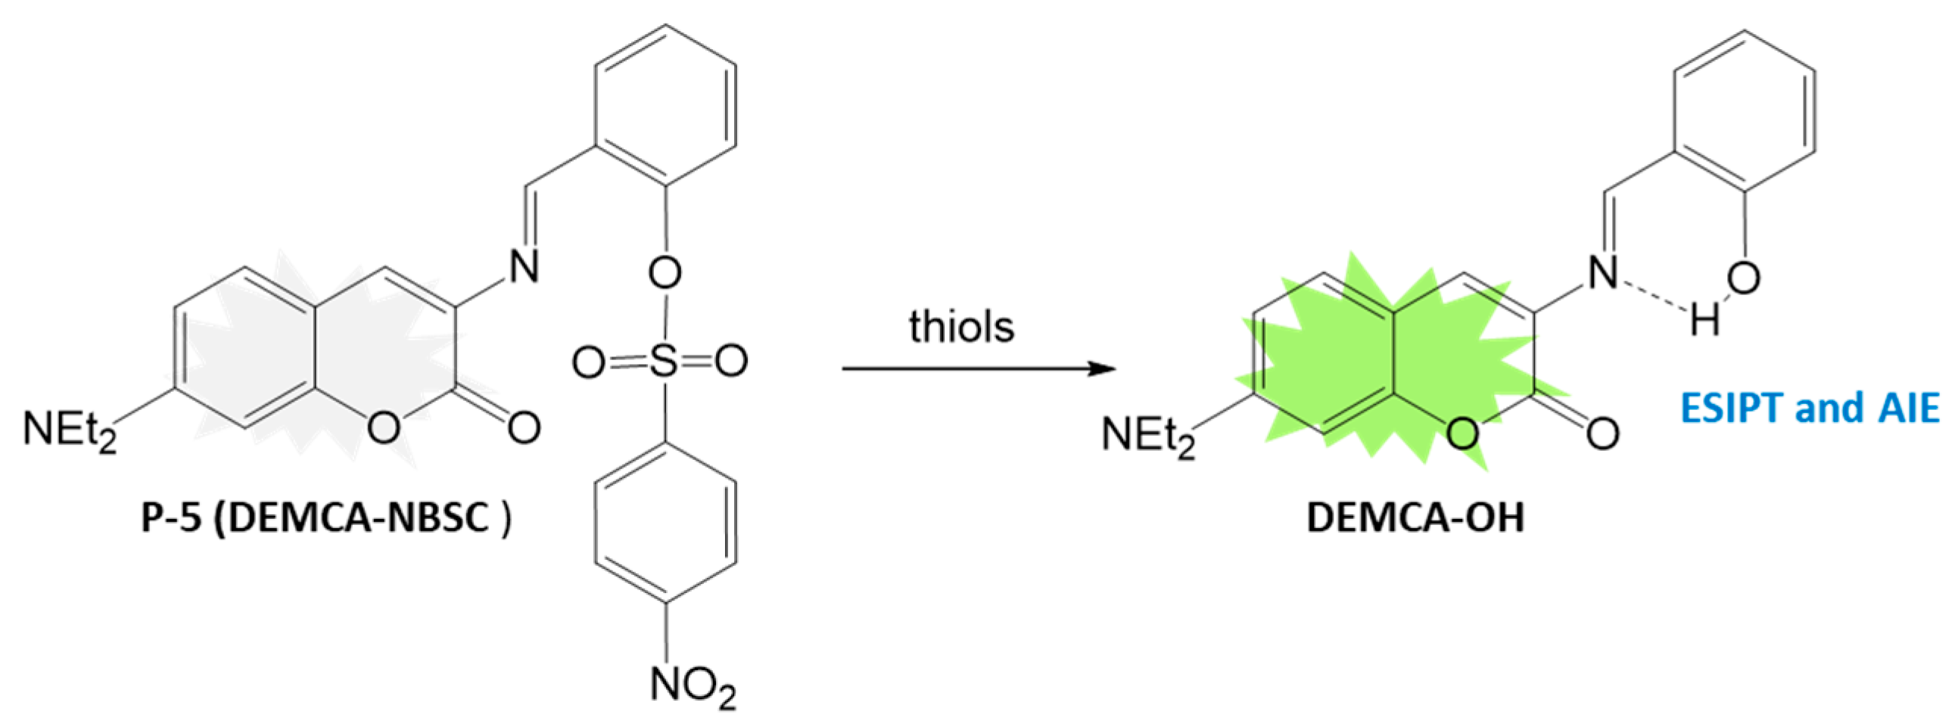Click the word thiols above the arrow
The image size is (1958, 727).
click(961, 328)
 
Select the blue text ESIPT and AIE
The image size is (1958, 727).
click(1809, 408)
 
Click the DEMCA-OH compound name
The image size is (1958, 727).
click(1415, 519)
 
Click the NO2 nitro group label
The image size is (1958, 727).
click(693, 686)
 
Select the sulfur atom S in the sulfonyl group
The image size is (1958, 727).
click(664, 362)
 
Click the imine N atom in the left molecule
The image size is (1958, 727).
click(524, 267)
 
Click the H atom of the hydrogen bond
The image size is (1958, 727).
click(1704, 322)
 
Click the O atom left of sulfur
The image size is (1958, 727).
click(590, 362)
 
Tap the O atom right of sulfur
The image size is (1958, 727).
click(731, 362)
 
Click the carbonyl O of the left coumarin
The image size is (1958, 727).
click(524, 427)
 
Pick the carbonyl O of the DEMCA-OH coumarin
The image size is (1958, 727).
click(1602, 433)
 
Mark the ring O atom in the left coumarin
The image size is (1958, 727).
click(383, 427)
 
